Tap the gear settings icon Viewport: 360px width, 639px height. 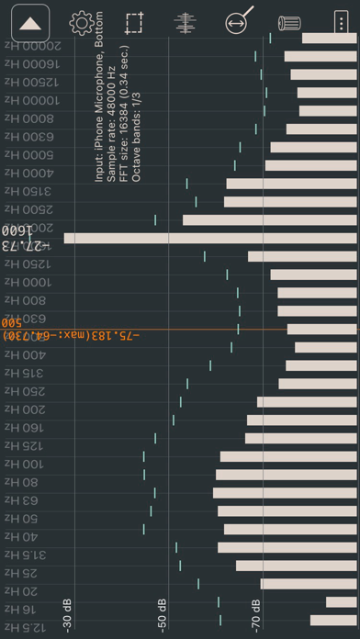83,23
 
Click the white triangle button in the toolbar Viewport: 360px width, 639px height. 30,23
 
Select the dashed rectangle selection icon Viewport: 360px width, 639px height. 135,23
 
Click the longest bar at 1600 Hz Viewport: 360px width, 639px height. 210,239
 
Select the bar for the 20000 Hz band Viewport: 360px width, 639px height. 330,39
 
